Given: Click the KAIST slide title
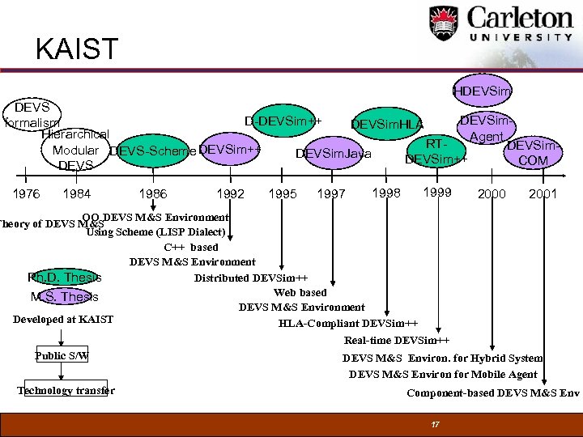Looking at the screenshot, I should point(77,49).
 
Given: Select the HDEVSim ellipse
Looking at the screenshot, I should point(482,91).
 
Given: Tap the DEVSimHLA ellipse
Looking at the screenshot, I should point(387,124).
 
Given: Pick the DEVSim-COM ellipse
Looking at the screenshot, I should point(533,153).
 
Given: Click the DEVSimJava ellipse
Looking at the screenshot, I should point(334,154).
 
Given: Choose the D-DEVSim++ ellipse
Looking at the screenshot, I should point(283,121).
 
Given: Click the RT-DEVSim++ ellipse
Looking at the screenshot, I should point(437,151).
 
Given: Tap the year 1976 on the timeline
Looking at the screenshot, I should point(26,194).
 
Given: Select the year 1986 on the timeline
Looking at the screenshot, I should point(153,194).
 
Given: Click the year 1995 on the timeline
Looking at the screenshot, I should point(283,194).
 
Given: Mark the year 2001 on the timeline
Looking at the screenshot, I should point(543,194).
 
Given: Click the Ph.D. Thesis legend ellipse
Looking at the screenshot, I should point(64,278).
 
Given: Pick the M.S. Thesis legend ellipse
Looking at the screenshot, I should point(64,297).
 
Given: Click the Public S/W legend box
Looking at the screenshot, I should point(62,356).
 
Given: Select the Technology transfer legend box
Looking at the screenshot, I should point(66,391).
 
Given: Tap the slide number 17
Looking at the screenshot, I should point(436,425).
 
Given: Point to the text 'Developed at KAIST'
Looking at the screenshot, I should point(63,320).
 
